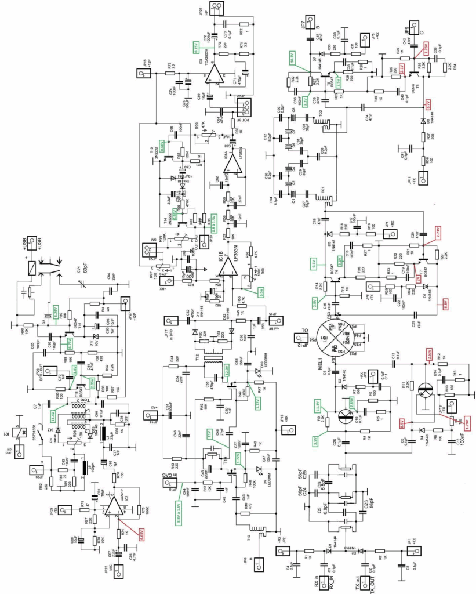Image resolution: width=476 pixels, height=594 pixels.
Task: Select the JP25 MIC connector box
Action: coord(118,574)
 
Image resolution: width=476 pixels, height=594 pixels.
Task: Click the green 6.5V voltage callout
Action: coord(261,291)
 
